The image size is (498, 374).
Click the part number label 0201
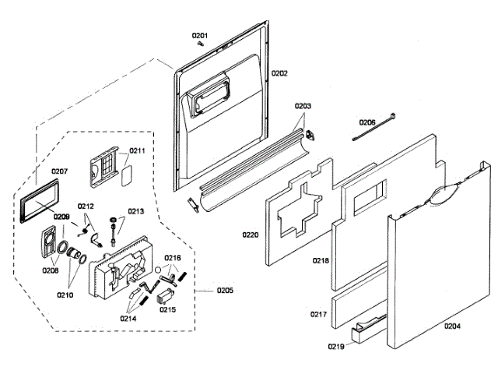201,36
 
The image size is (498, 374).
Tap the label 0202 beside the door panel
279,73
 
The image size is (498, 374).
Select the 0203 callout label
303,106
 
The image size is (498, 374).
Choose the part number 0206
367,122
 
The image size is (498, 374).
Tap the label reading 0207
60,171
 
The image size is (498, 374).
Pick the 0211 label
137,150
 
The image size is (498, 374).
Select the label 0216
173,257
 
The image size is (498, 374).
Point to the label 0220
250,234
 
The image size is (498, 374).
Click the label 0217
318,315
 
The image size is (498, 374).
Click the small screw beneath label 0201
201,44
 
